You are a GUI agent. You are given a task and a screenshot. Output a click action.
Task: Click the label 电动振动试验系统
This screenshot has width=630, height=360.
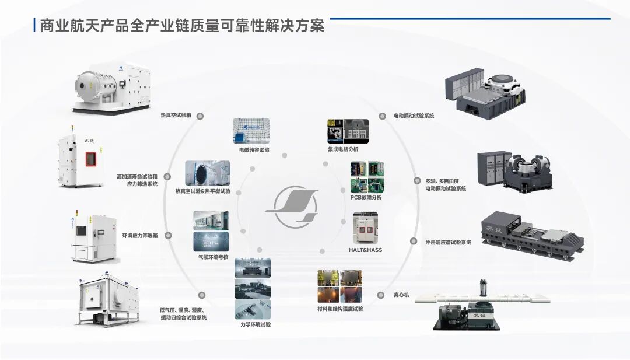(414, 116)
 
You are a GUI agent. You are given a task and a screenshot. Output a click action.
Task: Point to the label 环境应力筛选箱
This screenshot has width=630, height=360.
(139, 236)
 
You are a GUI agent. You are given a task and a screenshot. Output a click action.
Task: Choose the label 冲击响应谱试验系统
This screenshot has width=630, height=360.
(448, 242)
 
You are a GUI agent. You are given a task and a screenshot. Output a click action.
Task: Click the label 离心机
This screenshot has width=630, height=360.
(402, 295)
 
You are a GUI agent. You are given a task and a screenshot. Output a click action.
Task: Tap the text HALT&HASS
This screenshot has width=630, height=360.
(365, 250)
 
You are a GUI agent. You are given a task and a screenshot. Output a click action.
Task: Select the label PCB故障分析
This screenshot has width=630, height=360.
(366, 197)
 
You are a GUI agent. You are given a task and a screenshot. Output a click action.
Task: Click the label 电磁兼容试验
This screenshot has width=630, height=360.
(254, 149)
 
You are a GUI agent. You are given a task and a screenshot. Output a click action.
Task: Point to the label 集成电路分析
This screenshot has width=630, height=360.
(343, 149)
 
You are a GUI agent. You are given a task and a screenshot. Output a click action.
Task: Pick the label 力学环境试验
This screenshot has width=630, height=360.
(256, 324)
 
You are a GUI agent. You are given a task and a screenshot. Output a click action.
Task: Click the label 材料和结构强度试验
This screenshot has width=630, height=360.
(340, 309)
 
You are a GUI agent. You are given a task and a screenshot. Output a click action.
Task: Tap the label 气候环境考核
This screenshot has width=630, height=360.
(213, 257)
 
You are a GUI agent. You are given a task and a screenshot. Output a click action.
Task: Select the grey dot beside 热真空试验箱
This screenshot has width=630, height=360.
(200, 116)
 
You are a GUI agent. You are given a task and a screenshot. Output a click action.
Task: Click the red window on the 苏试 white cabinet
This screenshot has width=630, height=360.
(91, 158)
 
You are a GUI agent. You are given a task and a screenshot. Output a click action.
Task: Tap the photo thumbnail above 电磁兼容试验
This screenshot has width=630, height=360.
(251, 131)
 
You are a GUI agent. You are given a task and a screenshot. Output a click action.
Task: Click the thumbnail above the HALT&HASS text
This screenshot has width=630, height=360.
(366, 227)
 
